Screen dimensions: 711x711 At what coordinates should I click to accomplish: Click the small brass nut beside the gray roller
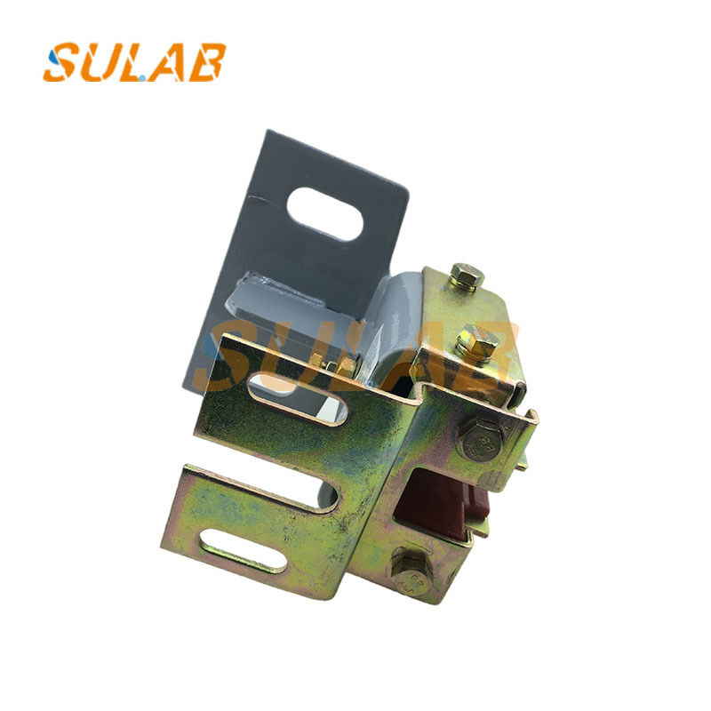348,364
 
